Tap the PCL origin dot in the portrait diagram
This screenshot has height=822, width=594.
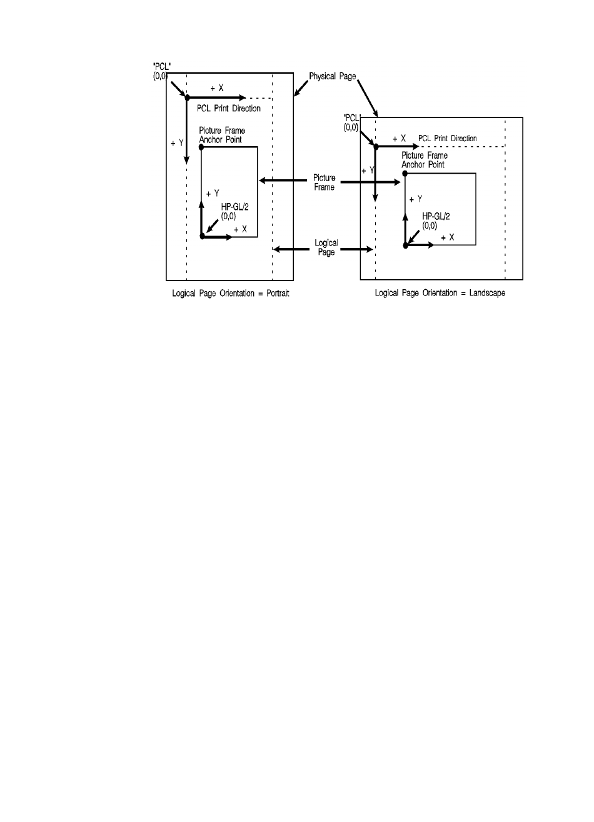(186, 97)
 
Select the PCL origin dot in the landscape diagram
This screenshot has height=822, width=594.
(375, 146)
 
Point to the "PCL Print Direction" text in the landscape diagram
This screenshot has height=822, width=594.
(447, 138)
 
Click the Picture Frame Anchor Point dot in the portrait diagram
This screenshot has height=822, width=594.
(201, 147)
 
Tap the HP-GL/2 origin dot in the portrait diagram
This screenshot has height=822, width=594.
(202, 236)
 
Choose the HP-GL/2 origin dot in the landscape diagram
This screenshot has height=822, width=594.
(405, 245)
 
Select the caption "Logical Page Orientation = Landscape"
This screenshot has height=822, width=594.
(440, 293)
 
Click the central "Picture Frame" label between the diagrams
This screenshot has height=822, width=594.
(325, 182)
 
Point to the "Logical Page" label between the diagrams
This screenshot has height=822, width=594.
(325, 248)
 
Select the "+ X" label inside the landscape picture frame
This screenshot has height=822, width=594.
(447, 238)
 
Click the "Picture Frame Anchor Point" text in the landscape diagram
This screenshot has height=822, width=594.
(423, 160)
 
